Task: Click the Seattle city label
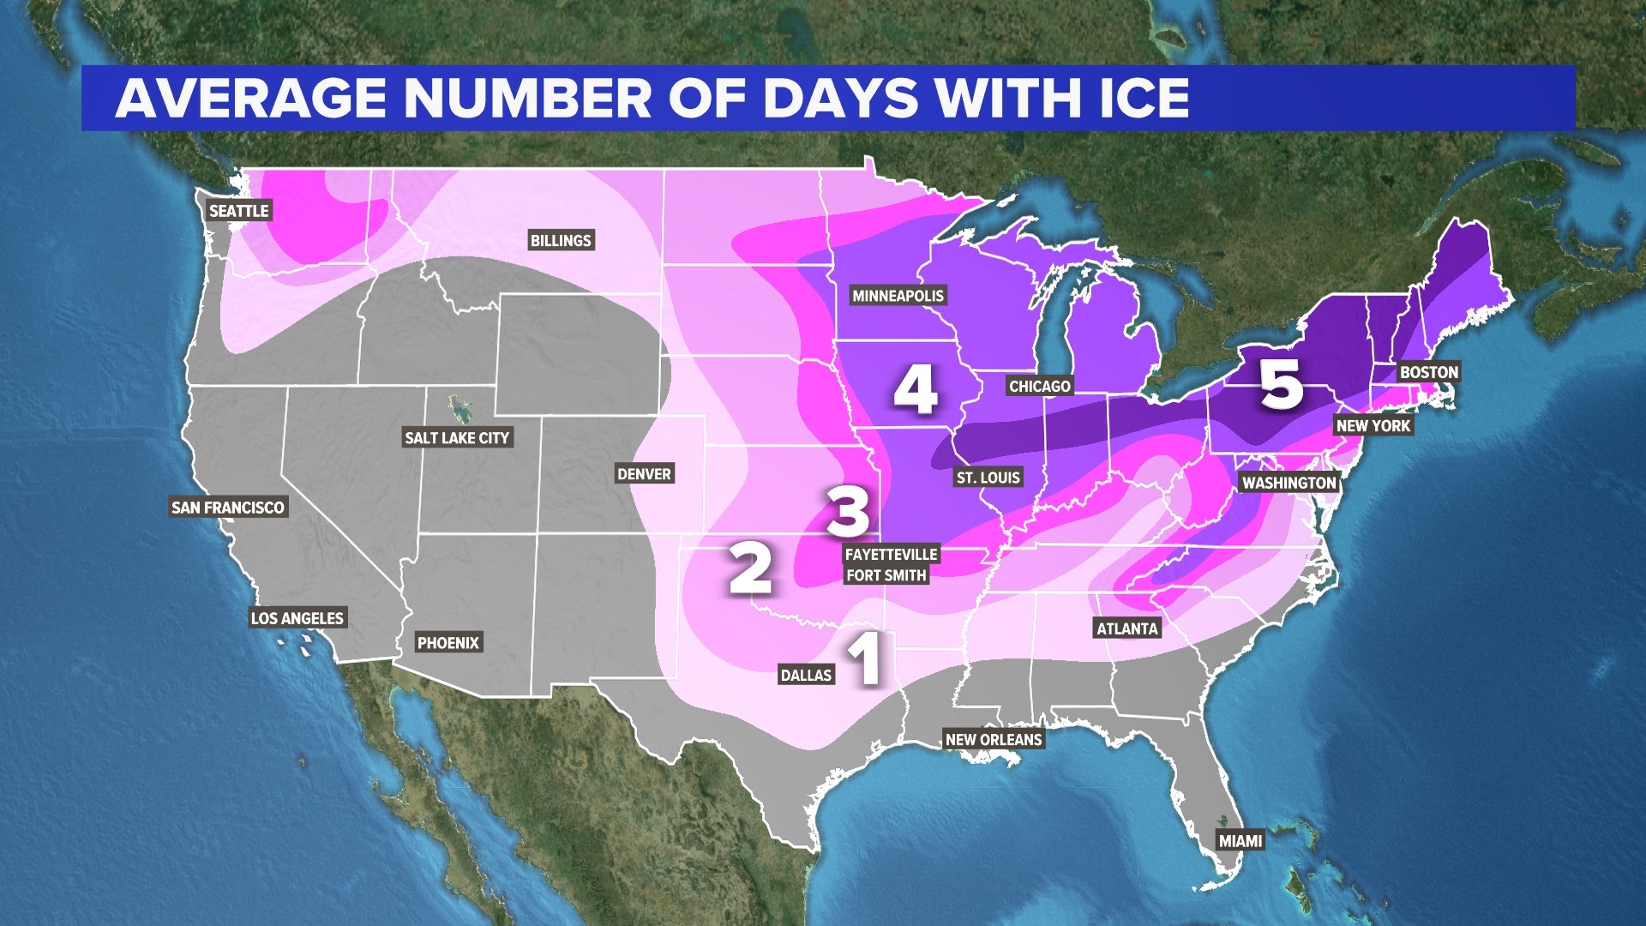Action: click(239, 211)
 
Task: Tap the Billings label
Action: click(561, 241)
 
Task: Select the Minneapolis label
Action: click(898, 296)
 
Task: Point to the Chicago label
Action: click(1039, 387)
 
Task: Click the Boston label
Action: click(1428, 372)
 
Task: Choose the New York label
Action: click(1373, 426)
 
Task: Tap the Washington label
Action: click(1289, 483)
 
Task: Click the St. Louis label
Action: click(988, 478)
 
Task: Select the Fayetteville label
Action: click(891, 555)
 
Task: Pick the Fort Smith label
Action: click(886, 575)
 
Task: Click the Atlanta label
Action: click(1126, 628)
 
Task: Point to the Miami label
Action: click(1241, 841)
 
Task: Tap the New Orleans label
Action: click(994, 740)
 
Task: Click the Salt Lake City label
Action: click(457, 438)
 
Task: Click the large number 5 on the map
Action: click(1281, 384)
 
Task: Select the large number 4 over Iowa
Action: click(915, 390)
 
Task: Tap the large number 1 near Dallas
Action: click(866, 658)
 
